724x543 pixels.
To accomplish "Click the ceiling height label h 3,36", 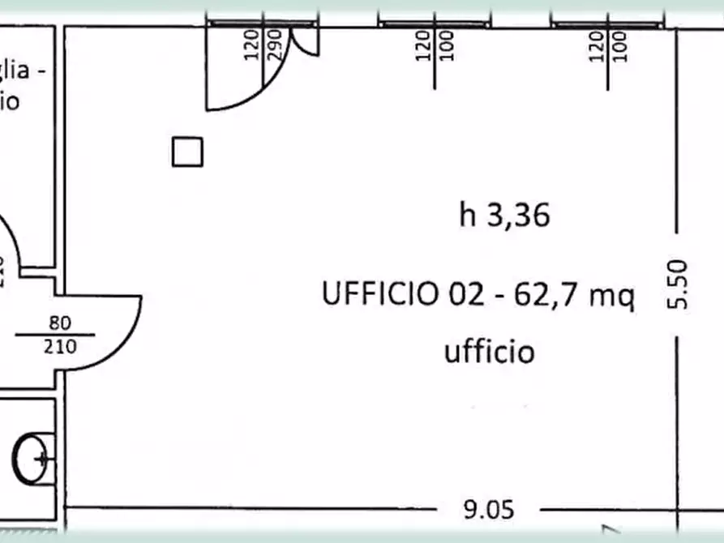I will click(x=505, y=216).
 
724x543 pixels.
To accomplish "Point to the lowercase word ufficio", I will click(x=489, y=353).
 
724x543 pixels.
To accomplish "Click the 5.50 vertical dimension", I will click(x=679, y=284).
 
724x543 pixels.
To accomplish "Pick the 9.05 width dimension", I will click(x=488, y=510).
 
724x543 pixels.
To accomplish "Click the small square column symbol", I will click(x=187, y=152).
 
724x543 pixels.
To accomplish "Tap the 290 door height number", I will click(x=273, y=45).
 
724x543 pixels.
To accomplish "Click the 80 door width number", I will click(x=60, y=323).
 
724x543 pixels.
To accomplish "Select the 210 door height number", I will click(x=60, y=347).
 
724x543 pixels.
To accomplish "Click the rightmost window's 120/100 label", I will click(x=608, y=46).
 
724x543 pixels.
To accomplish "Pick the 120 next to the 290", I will click(x=251, y=45).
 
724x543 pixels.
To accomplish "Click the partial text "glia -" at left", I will click(x=21, y=71).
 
